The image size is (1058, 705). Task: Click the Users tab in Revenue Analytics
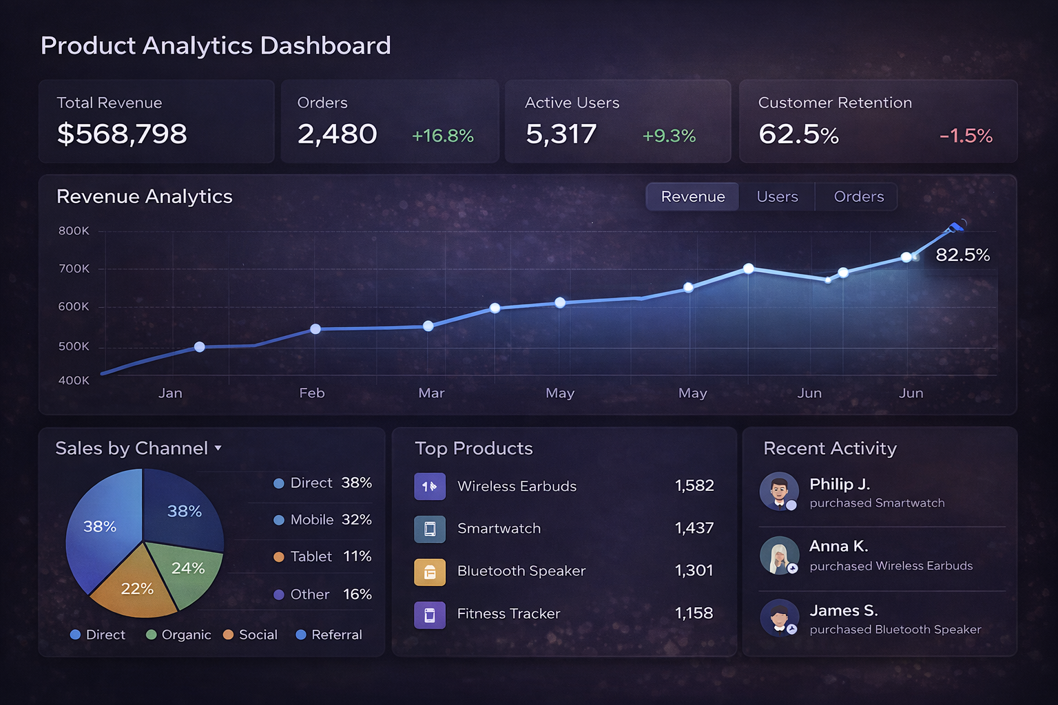pyautogui.click(x=777, y=197)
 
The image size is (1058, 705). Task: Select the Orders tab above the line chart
pyautogui.click(x=858, y=197)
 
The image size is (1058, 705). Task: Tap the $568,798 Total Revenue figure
pyautogui.click(x=122, y=134)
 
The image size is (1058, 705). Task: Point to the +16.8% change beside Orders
pyautogui.click(x=442, y=136)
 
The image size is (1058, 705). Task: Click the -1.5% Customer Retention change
pyautogui.click(x=966, y=136)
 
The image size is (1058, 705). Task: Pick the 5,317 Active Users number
pyautogui.click(x=561, y=134)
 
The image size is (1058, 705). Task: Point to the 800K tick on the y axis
pyautogui.click(x=74, y=231)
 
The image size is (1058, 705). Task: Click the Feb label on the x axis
pyautogui.click(x=311, y=393)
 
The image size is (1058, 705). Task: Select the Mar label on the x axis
pyautogui.click(x=431, y=393)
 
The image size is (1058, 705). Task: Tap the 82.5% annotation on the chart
pyautogui.click(x=962, y=255)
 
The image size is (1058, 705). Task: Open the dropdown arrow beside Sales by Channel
pyautogui.click(x=218, y=448)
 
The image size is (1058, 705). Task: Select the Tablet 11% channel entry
pyautogui.click(x=322, y=556)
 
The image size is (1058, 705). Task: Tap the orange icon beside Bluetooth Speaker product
pyautogui.click(x=429, y=571)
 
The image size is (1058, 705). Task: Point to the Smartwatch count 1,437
pyautogui.click(x=694, y=528)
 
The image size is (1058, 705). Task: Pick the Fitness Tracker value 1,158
pyautogui.click(x=694, y=613)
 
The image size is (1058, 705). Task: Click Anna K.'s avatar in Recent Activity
pyautogui.click(x=779, y=556)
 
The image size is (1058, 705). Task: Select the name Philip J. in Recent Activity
pyautogui.click(x=840, y=484)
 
